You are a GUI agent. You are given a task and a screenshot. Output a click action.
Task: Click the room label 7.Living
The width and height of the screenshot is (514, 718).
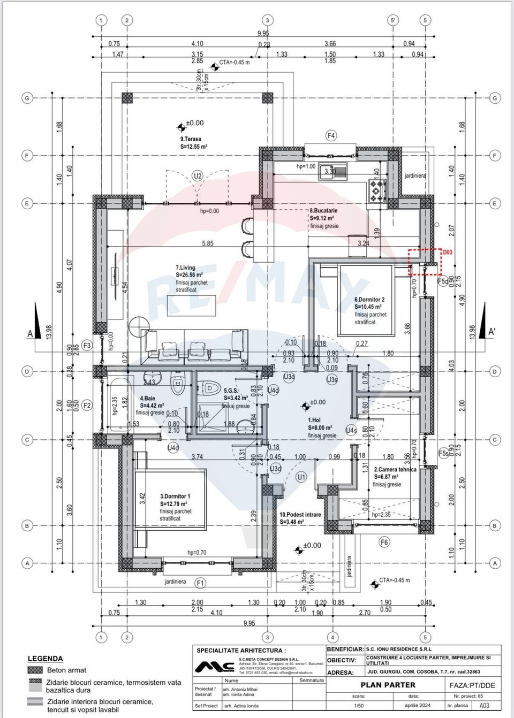(x=186, y=268)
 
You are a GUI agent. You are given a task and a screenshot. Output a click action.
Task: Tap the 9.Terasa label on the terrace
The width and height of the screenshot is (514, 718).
(x=191, y=139)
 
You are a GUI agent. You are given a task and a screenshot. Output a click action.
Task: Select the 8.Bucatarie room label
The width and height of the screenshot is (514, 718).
(x=323, y=211)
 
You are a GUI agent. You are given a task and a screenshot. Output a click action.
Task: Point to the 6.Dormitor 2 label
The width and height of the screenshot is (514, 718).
(x=369, y=300)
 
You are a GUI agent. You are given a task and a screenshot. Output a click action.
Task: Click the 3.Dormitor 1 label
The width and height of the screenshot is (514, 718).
(x=175, y=497)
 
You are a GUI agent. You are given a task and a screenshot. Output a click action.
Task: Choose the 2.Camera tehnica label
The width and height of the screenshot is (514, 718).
(x=395, y=469)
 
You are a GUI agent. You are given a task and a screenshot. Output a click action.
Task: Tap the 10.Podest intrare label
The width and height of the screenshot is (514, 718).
(x=300, y=515)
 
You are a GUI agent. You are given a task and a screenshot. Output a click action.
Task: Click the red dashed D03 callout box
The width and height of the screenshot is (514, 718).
(x=425, y=262)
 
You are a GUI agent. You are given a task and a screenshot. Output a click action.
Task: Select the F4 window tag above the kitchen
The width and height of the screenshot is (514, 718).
(x=331, y=136)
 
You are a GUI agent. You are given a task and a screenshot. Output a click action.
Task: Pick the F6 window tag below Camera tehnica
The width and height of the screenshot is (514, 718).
(x=384, y=542)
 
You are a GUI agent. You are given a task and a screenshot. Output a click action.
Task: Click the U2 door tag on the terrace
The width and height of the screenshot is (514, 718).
(x=198, y=175)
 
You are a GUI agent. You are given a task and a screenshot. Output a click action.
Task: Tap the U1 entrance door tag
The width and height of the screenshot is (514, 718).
(x=301, y=477)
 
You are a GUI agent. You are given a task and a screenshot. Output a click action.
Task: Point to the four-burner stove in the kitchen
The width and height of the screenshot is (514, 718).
(x=377, y=189)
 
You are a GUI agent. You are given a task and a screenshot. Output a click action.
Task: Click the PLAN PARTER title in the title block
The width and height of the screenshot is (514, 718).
(x=388, y=685)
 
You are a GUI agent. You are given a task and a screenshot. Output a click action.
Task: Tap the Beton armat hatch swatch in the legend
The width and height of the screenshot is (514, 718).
(x=35, y=670)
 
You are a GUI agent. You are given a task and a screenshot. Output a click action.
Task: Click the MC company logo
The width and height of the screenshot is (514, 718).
(x=215, y=667)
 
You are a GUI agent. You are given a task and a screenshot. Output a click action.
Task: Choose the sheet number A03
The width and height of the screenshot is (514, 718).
(x=484, y=705)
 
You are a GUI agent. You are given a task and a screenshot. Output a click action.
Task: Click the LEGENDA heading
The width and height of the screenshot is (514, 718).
(x=46, y=659)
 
